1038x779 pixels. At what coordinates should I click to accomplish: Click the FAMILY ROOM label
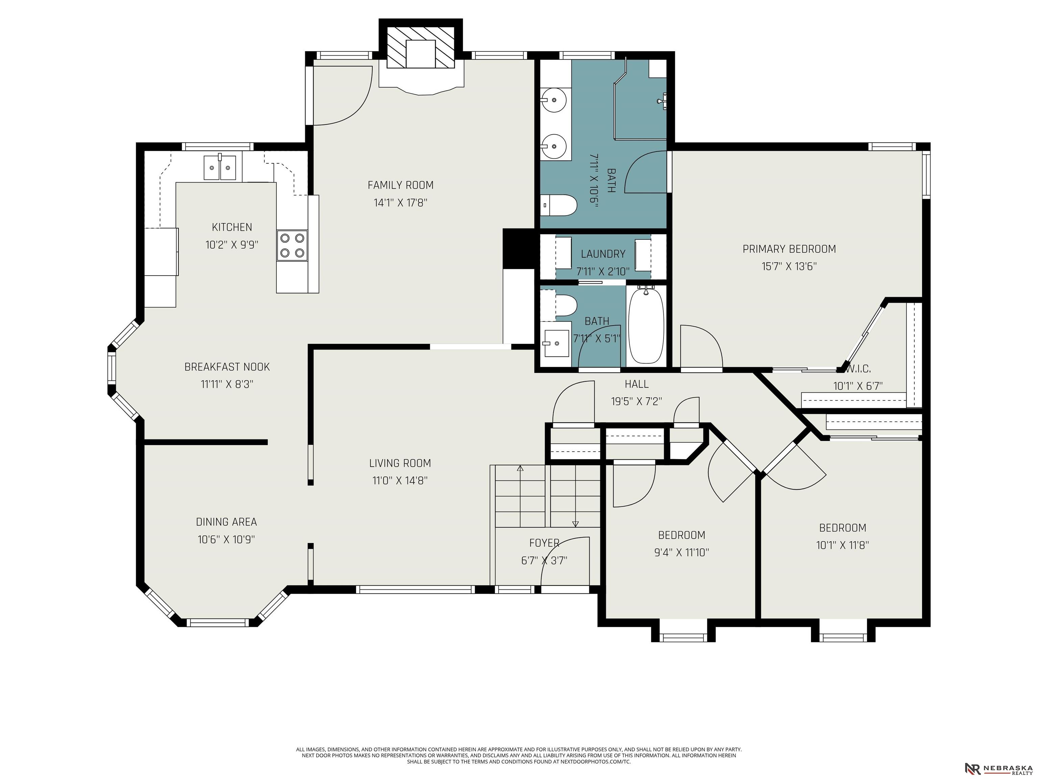[x=400, y=185]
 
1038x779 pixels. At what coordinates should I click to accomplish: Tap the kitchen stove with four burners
[x=292, y=245]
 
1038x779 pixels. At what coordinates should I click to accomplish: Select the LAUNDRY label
[x=603, y=254]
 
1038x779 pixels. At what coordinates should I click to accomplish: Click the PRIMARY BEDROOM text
[x=789, y=249]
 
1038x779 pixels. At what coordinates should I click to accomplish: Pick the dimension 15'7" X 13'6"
[x=789, y=266]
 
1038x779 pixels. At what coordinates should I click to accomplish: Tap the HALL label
[x=637, y=384]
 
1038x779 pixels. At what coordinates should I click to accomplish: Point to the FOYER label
[x=544, y=543]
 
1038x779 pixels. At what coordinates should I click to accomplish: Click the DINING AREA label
[x=226, y=522]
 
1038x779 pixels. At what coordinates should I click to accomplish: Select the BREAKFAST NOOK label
[x=227, y=367]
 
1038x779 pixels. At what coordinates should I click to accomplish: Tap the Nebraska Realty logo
[x=999, y=768]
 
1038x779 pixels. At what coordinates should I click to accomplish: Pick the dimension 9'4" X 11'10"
[x=682, y=552]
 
